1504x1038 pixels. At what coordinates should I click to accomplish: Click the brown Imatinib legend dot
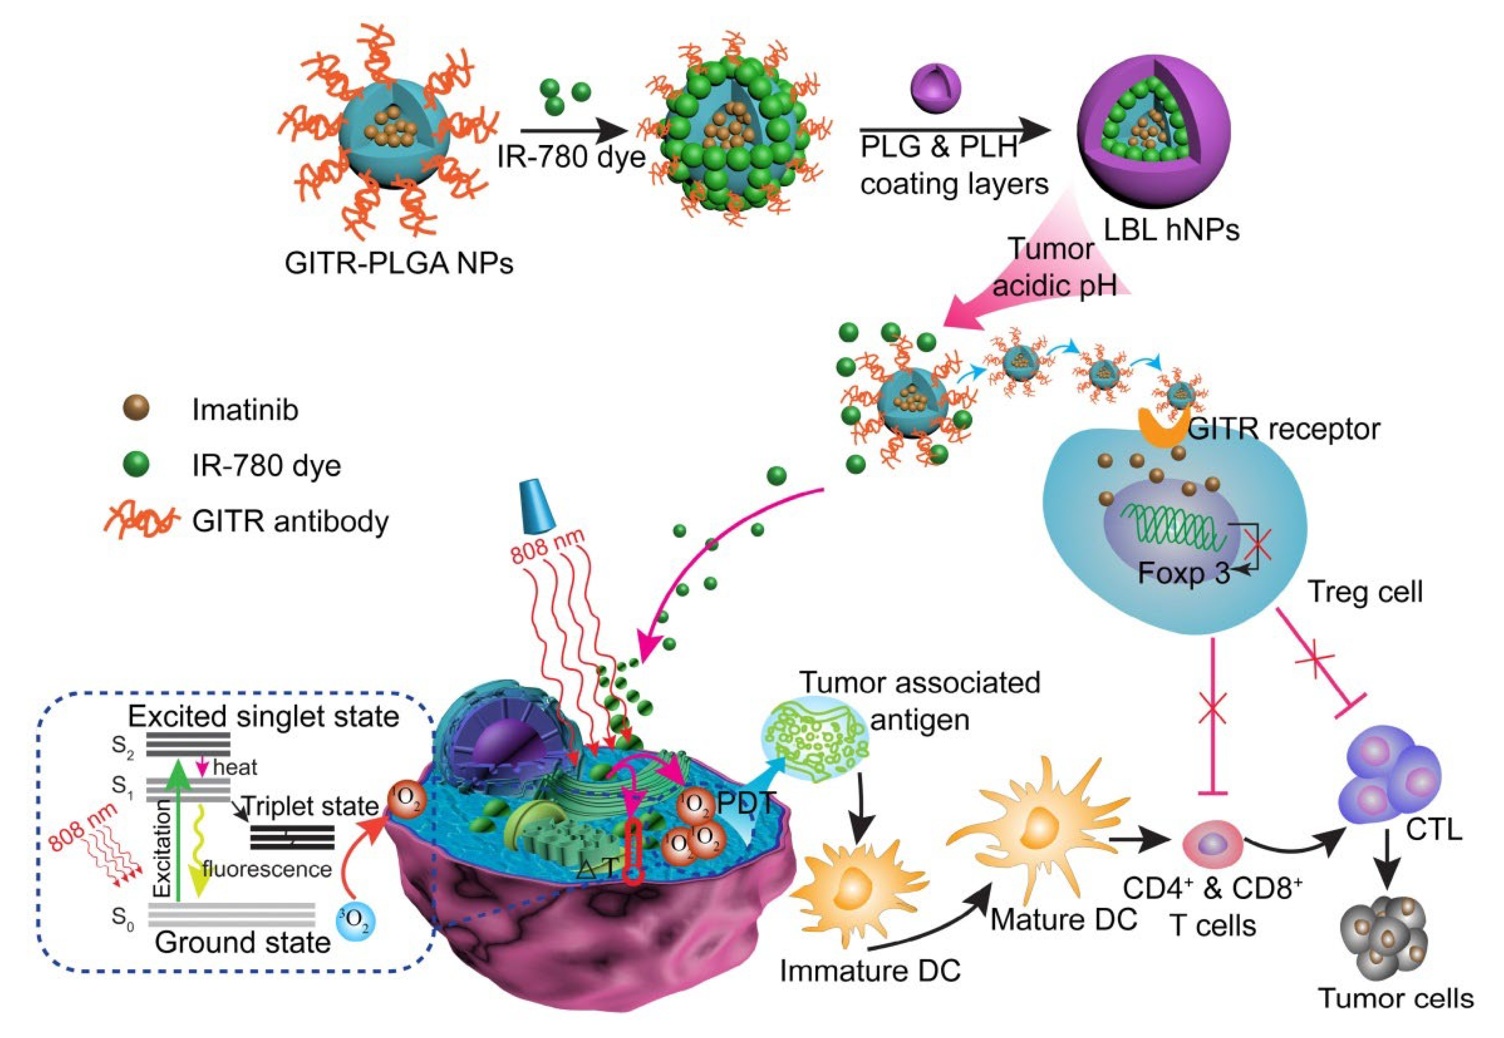pyautogui.click(x=136, y=408)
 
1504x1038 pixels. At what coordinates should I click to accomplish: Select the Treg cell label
pyautogui.click(x=1365, y=592)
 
